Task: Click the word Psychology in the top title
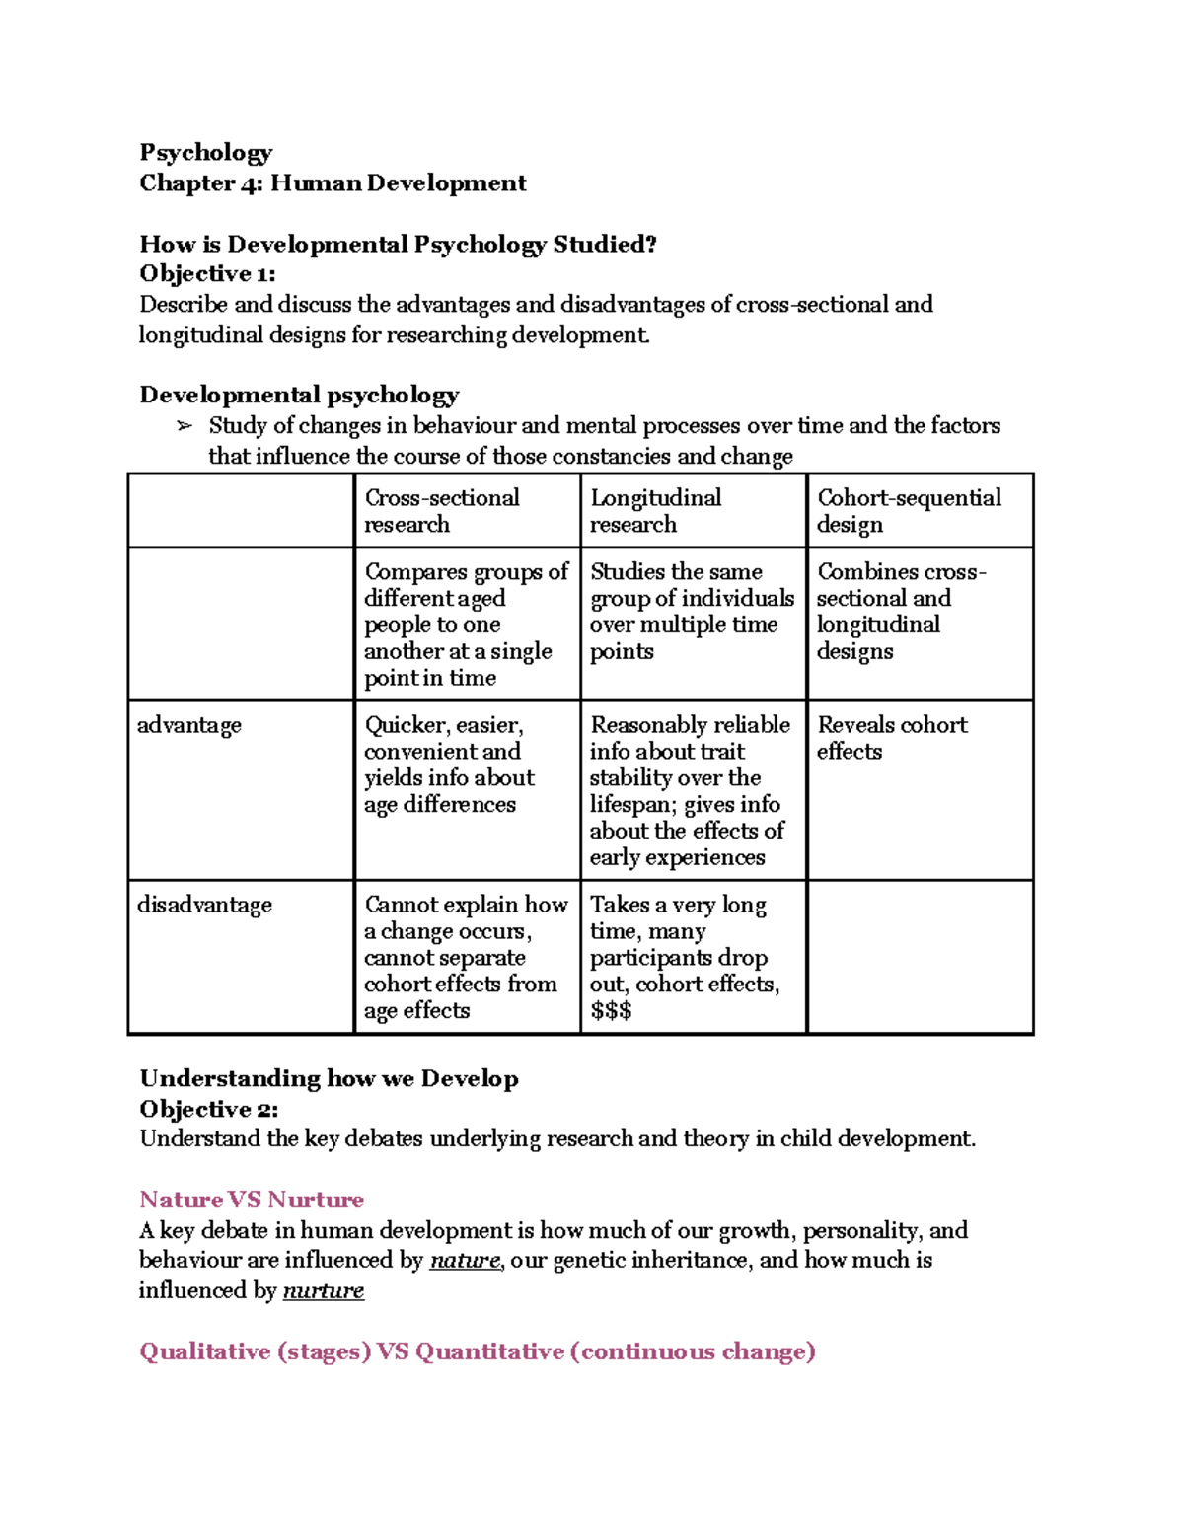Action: [x=205, y=153]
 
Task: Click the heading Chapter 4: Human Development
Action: [x=333, y=183]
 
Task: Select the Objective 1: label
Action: [x=207, y=274]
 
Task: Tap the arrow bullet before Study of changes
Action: [x=184, y=426]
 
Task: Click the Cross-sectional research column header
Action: [x=441, y=511]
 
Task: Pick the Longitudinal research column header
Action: [x=655, y=511]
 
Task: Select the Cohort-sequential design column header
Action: [x=908, y=511]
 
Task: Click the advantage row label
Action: [x=188, y=725]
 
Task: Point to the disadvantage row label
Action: [x=204, y=905]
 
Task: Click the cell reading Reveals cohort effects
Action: [x=891, y=738]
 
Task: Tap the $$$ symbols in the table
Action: [x=611, y=1011]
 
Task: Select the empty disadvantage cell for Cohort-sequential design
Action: [x=920, y=956]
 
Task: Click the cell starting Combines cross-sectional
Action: [x=901, y=612]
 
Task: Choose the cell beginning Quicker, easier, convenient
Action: [x=449, y=765]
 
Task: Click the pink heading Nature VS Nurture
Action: [x=252, y=1200]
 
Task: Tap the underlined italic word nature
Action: [x=465, y=1261]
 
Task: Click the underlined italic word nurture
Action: [x=323, y=1291]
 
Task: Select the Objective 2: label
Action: [x=209, y=1109]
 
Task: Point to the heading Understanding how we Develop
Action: [x=329, y=1078]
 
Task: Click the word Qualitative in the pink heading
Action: [x=204, y=1351]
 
